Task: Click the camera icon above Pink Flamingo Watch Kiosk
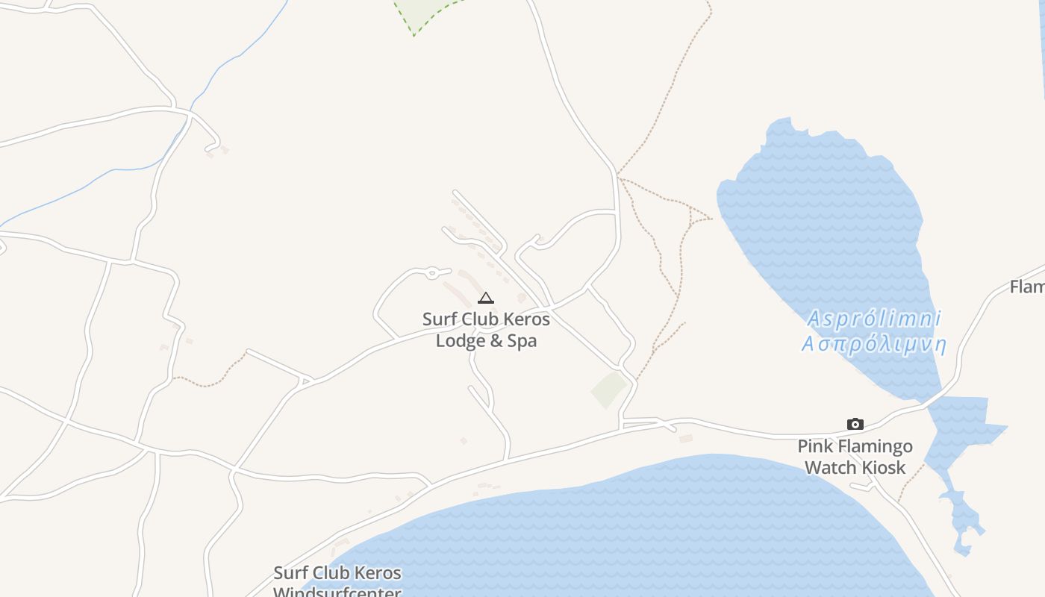[x=855, y=425]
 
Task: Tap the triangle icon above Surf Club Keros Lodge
[x=485, y=298]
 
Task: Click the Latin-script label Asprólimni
[x=874, y=319]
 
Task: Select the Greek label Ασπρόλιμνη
[x=874, y=345]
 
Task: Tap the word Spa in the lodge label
[x=522, y=341]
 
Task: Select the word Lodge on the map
[x=460, y=341]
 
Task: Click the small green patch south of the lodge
[x=609, y=390]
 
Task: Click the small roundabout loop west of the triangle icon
[x=431, y=274]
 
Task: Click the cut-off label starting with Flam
[x=1027, y=287]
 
